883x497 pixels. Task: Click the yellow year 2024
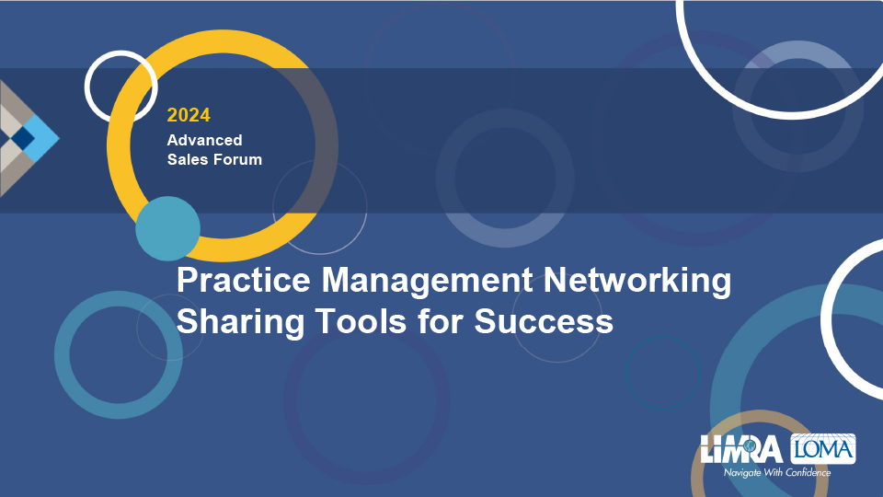[x=189, y=115]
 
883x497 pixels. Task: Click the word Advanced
[x=204, y=140]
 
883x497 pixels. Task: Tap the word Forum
[x=239, y=159]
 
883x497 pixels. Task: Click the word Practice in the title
[x=243, y=280]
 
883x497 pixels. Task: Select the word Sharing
[x=240, y=322]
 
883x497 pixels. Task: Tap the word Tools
[x=361, y=321]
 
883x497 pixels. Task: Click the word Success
[x=544, y=321]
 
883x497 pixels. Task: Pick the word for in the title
[x=441, y=321]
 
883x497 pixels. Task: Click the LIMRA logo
[x=741, y=448]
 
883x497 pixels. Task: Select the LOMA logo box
[x=823, y=448]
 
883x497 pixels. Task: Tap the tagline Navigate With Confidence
[x=777, y=472]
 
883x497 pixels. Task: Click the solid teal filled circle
[x=167, y=228]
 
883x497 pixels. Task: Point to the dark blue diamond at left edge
[x=22, y=138]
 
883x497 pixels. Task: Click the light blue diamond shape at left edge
[x=41, y=137]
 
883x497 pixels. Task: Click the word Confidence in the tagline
[x=808, y=472]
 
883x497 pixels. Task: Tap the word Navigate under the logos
[x=742, y=473]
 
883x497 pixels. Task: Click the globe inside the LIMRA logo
[x=750, y=445]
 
